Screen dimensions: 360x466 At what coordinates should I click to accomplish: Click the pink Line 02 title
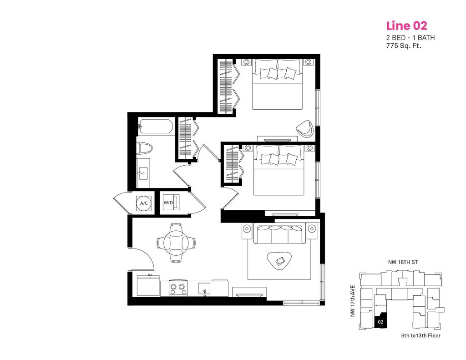pyautogui.click(x=406, y=25)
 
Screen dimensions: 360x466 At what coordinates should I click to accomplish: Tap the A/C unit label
pyautogui.click(x=144, y=203)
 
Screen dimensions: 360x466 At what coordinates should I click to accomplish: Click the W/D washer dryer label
pyautogui.click(x=168, y=203)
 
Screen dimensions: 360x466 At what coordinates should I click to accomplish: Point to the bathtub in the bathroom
pyautogui.click(x=155, y=127)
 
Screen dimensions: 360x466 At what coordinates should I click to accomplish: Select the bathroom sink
pyautogui.click(x=143, y=173)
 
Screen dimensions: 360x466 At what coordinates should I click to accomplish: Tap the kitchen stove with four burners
pyautogui.click(x=178, y=288)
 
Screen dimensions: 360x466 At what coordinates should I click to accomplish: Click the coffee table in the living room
pyautogui.click(x=279, y=260)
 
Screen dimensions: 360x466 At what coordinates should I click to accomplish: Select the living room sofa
pyautogui.click(x=279, y=234)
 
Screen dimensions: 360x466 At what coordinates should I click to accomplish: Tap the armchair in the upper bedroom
pyautogui.click(x=305, y=129)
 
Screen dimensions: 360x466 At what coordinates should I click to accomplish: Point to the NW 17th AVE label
pyautogui.click(x=353, y=301)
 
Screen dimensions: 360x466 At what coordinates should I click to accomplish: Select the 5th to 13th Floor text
pyautogui.click(x=420, y=336)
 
